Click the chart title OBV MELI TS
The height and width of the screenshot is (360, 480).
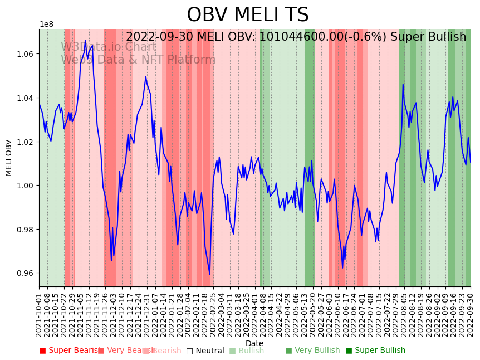tap(247, 15)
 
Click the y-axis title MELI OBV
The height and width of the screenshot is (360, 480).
tap(9, 158)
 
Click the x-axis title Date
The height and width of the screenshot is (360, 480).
tap(254, 343)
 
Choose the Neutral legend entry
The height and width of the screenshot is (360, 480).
tap(205, 351)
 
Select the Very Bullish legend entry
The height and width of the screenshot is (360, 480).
tap(312, 351)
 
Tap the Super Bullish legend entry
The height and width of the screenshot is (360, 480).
tap(375, 351)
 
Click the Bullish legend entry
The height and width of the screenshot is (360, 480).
tap(247, 351)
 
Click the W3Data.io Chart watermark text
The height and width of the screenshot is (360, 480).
tap(109, 47)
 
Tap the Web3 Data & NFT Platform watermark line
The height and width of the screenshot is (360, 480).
tap(138, 60)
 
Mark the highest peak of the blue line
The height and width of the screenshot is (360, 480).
tap(85, 40)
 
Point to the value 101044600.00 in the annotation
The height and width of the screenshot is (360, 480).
tap(312, 37)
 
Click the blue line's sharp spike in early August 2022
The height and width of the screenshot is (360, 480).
tap(403, 85)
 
